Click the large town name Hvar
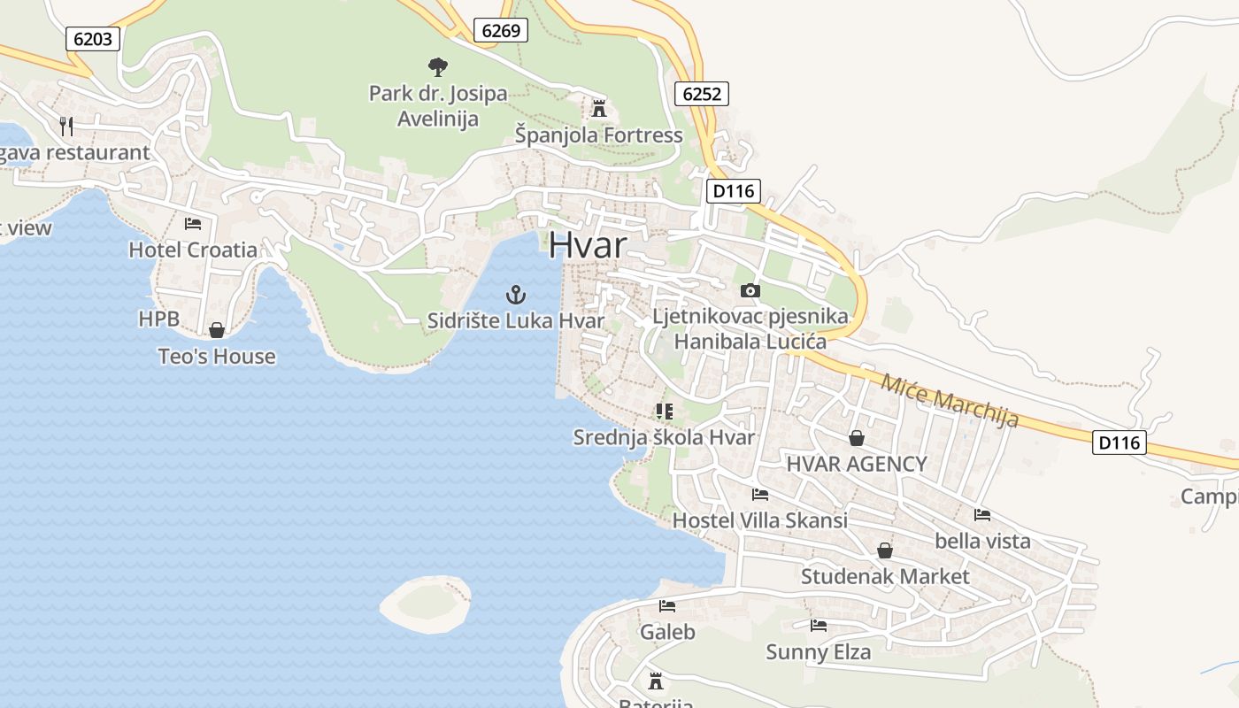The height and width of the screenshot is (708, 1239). click(588, 245)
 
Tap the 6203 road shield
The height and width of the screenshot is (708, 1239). click(92, 38)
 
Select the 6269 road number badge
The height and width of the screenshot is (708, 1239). click(500, 30)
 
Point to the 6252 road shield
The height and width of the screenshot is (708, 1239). click(702, 93)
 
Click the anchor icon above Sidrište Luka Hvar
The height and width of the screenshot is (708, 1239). click(515, 295)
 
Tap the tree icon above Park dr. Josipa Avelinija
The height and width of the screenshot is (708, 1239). click(437, 66)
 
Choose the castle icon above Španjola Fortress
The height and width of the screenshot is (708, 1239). click(599, 109)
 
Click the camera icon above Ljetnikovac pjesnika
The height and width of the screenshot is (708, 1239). click(750, 290)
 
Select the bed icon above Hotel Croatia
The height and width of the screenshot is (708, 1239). click(193, 224)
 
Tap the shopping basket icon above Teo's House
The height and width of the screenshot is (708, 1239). click(217, 330)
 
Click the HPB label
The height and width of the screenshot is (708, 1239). click(158, 319)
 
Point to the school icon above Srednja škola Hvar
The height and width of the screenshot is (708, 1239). click(664, 411)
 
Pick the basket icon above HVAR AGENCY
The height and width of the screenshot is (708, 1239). click(857, 438)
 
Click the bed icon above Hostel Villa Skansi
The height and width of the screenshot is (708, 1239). click(759, 495)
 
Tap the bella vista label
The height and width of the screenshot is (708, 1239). click(982, 541)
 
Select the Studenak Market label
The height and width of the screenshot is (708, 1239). click(885, 577)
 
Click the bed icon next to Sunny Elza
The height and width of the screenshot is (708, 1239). click(819, 626)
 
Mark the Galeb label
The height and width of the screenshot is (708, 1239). click(667, 632)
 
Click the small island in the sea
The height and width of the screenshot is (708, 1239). click(426, 604)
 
